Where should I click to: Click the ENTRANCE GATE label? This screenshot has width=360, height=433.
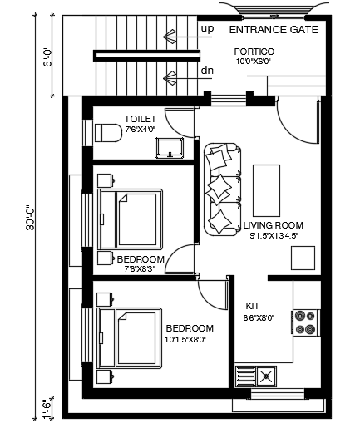point(273,30)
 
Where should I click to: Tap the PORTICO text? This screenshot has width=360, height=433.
point(254,52)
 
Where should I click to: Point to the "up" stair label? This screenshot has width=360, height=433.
point(206,29)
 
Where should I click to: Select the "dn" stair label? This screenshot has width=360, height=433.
point(206,71)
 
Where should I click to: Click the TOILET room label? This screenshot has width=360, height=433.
point(140,119)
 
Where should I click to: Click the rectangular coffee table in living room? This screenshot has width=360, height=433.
point(267,189)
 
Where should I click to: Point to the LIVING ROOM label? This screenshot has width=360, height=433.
point(273,225)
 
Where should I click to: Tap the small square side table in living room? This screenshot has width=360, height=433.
point(302,258)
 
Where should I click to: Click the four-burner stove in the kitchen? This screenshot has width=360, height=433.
point(305,322)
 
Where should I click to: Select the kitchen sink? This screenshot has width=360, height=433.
point(266,375)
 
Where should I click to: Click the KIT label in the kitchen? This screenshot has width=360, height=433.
point(253,306)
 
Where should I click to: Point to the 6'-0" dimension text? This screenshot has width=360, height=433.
point(47,57)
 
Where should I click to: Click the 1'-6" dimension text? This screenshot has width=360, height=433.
point(47,409)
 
